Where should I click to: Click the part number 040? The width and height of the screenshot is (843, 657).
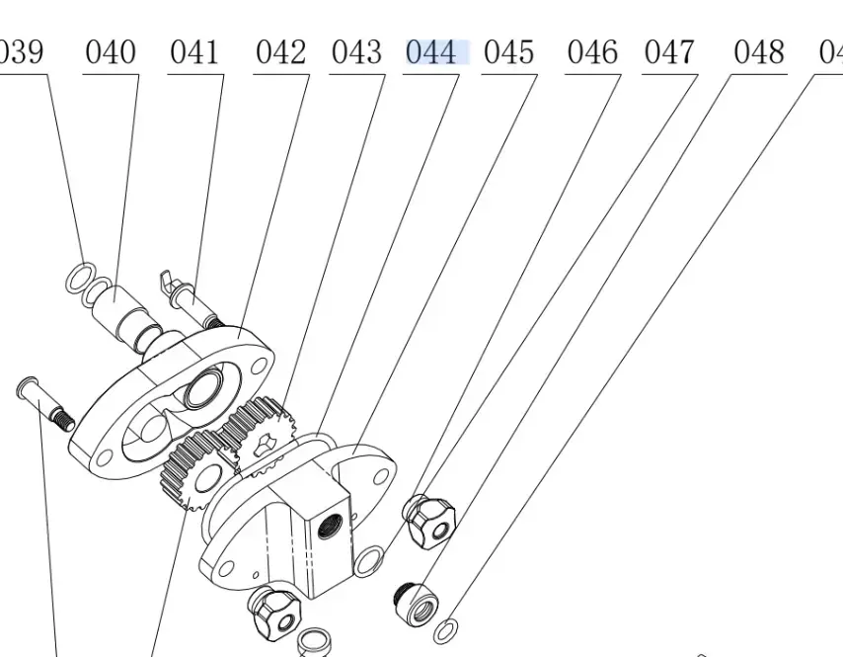(111, 52)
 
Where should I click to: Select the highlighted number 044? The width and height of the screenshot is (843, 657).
(432, 52)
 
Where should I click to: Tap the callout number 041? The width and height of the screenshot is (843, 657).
(194, 52)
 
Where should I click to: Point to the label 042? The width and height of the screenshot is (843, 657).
(280, 52)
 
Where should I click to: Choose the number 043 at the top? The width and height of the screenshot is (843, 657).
(356, 52)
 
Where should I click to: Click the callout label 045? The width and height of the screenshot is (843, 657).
(509, 52)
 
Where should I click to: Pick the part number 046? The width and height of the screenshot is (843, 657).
(592, 52)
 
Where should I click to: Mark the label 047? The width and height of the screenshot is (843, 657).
(669, 52)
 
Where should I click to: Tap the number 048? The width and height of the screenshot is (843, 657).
(759, 52)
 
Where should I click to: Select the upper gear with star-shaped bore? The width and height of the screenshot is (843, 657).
(259, 430)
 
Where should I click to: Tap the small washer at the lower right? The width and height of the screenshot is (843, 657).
(446, 628)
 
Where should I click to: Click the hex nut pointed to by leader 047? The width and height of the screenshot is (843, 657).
(430, 519)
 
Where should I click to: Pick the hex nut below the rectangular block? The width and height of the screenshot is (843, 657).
(276, 612)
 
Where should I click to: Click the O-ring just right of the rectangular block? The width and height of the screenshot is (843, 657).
(369, 560)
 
